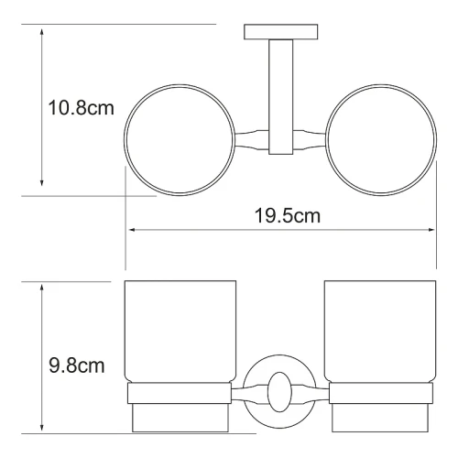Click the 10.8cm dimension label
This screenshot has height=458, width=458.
click(82, 108)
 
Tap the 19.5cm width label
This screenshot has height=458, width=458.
click(288, 216)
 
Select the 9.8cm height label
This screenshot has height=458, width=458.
click(77, 365)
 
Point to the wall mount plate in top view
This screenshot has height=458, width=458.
click(281, 32)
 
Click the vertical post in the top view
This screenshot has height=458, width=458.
click(281, 97)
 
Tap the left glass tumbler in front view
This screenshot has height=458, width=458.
click(180, 332)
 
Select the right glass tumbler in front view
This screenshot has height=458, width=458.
click(380, 332)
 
